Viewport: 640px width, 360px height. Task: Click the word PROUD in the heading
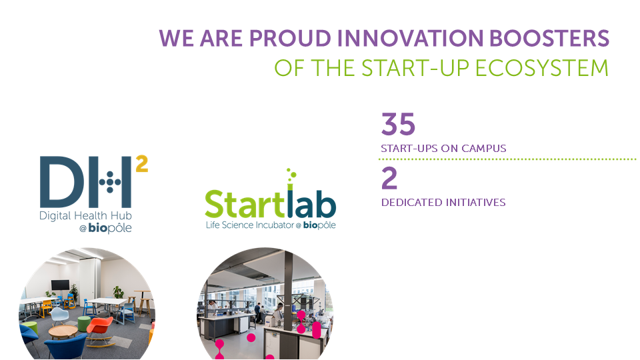[290, 39]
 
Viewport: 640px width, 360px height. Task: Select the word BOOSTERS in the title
[549, 39]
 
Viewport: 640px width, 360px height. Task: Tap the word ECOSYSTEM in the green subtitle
[542, 68]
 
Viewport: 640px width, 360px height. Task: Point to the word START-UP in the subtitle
[415, 68]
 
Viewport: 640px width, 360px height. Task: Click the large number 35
[398, 124]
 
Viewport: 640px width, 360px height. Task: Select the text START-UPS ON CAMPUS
[443, 148]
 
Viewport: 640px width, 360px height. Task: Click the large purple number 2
[389, 179]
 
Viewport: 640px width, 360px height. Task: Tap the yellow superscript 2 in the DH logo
[141, 164]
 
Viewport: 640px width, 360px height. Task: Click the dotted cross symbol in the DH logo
[110, 182]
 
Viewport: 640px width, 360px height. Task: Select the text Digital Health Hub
[85, 216]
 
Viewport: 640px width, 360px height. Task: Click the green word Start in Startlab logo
[244, 204]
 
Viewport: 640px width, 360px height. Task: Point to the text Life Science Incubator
[250, 225]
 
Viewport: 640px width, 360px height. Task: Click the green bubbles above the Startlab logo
[291, 175]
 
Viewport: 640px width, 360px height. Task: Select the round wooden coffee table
[63, 331]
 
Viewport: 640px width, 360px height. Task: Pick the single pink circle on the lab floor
[251, 337]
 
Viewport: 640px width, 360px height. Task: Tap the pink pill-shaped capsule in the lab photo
[316, 330]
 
